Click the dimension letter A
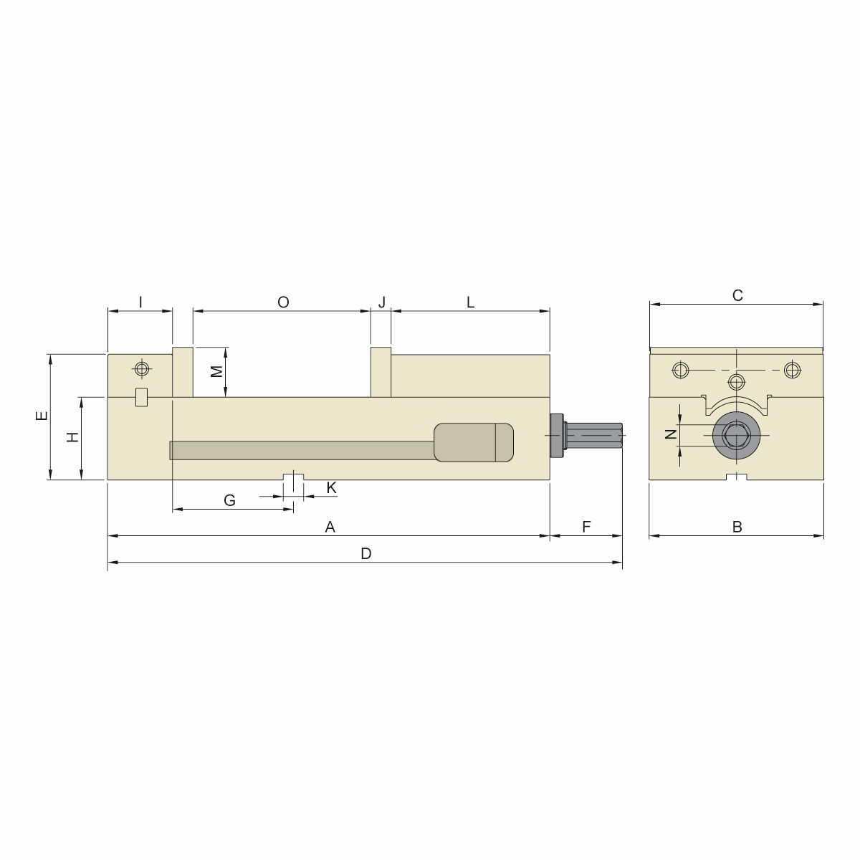330,527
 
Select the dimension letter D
366,554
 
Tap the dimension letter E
42,416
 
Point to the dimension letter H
72,437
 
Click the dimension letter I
140,302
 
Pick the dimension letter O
283,302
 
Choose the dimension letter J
381,302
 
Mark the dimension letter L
471,302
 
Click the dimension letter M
216,371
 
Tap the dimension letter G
229,500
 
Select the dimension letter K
331,487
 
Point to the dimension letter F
586,527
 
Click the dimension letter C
737,295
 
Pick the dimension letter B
737,527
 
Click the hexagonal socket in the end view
736,435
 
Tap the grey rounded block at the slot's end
474,442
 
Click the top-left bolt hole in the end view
679,370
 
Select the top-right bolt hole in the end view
791,370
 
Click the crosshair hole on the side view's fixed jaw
142,369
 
